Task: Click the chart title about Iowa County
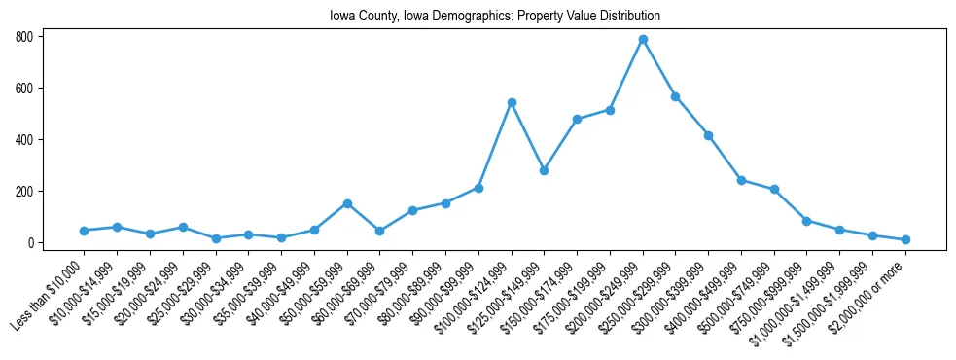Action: (x=478, y=17)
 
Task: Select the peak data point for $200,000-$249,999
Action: (x=643, y=40)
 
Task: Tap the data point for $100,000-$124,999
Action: (x=512, y=102)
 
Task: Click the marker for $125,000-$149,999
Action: (x=544, y=170)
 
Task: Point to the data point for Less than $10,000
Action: (x=85, y=231)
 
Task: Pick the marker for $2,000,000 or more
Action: (x=905, y=239)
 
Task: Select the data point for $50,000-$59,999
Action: (x=347, y=203)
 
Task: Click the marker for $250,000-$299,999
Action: (x=675, y=96)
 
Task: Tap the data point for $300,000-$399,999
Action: (x=708, y=135)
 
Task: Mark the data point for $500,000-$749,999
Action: (x=774, y=190)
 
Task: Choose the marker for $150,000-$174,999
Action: (x=577, y=119)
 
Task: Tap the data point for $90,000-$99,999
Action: (x=478, y=188)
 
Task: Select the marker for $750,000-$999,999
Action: (x=806, y=221)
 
